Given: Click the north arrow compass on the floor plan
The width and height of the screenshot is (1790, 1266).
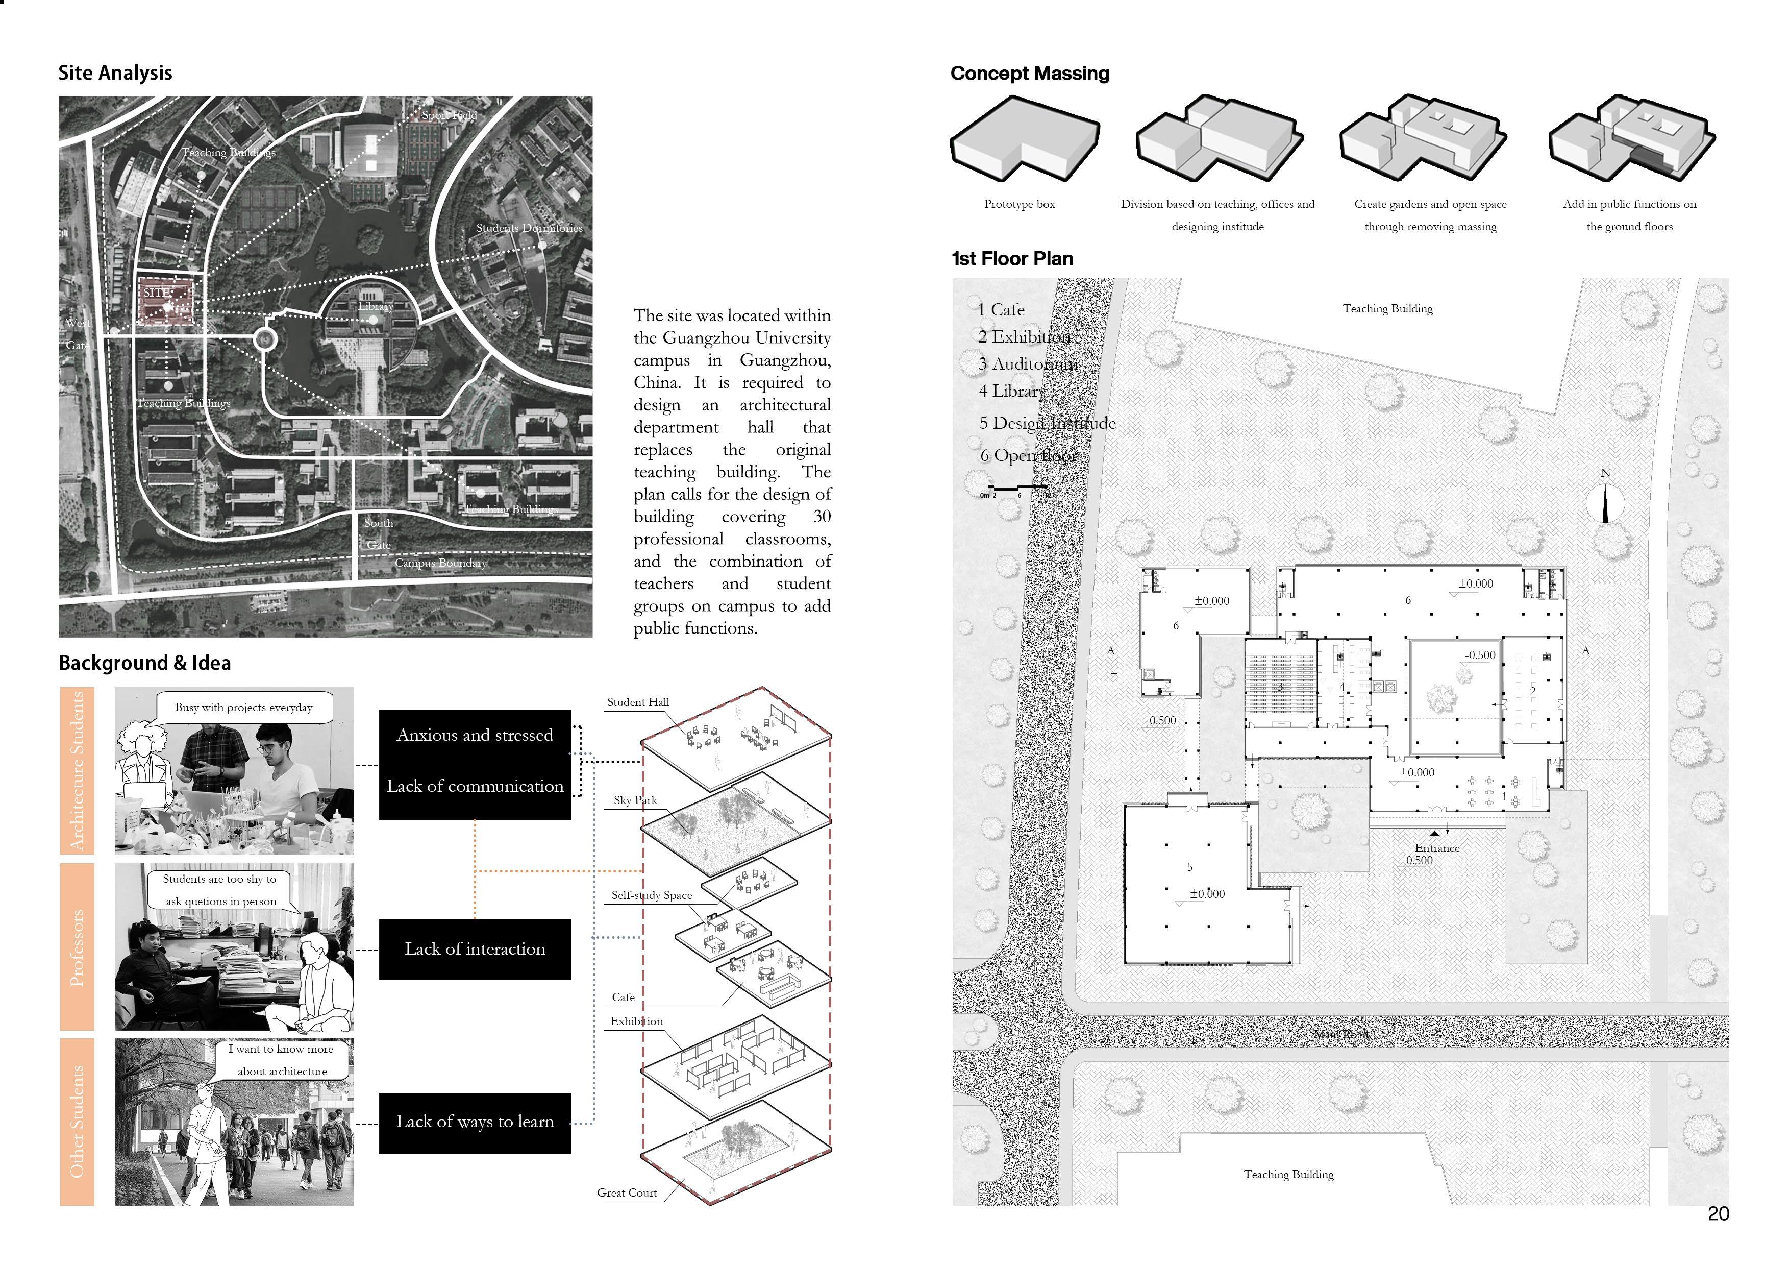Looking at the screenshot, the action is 1604,503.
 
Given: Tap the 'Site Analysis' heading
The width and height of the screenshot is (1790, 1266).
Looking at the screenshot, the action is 115,74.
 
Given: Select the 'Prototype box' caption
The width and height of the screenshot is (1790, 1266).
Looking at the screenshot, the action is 1019,204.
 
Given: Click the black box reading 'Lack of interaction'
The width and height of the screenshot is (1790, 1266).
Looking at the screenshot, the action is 475,949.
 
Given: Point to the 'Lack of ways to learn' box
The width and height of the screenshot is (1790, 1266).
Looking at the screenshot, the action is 475,1123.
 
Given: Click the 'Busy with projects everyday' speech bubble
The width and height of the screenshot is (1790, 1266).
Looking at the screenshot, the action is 243,708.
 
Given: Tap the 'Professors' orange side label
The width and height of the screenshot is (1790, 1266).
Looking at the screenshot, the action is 77,947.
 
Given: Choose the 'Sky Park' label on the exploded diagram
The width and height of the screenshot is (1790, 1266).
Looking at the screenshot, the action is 635,800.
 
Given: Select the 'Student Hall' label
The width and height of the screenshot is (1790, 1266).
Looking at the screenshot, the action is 638,702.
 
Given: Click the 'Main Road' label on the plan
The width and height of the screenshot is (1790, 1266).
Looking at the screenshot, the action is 1341,1034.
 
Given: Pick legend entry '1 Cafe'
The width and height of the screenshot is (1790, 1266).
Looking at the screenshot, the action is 1001,310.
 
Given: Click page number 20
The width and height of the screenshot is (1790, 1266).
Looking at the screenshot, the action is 1718,1214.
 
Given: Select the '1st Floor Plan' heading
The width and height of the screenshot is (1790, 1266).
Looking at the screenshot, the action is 1012,259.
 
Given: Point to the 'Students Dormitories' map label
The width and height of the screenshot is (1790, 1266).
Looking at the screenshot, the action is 529,228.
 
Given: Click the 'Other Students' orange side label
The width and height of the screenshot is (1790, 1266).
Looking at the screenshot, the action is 77,1121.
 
